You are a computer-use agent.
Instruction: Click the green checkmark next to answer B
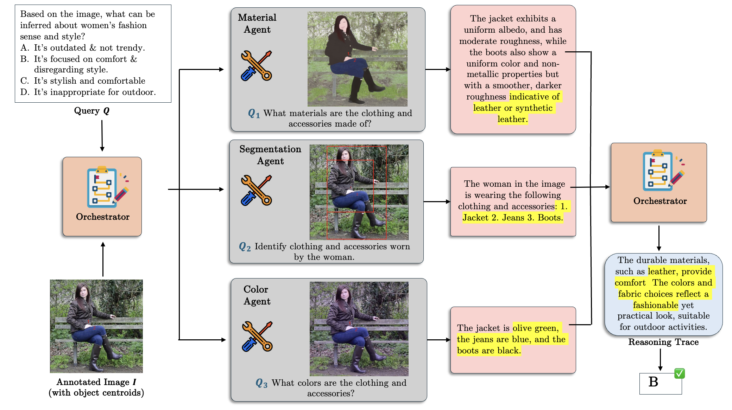pos(679,373)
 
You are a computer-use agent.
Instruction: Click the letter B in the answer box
pos(653,382)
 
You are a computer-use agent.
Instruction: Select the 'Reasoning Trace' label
pos(663,342)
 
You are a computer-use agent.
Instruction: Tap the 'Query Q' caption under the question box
pos(92,111)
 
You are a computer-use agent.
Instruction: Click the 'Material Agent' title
pos(257,24)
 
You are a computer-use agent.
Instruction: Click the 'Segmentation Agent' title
pos(270,155)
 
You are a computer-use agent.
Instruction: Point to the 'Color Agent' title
pos(257,295)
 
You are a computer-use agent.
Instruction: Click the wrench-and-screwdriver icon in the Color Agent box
pos(257,337)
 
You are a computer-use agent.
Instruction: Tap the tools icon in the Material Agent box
pos(256,66)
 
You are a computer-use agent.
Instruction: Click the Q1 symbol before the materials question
pos(254,114)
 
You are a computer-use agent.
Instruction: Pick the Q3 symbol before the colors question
pos(261,383)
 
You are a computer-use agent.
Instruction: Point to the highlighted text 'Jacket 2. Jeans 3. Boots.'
pos(512,218)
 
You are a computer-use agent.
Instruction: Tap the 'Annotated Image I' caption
pos(96,382)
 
